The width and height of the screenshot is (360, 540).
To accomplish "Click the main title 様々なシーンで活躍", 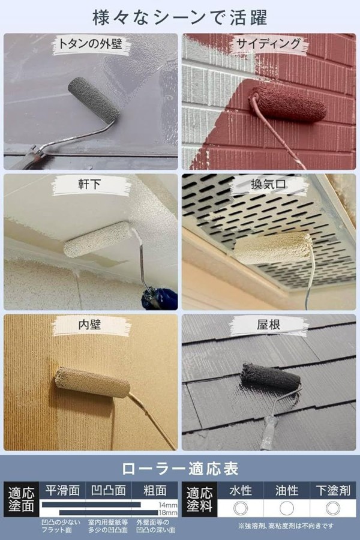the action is pyautogui.click(x=180, y=17).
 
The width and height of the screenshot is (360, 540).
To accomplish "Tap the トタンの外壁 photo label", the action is pyautogui.click(x=90, y=44).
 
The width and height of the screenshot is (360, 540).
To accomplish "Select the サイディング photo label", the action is pyautogui.click(x=268, y=44).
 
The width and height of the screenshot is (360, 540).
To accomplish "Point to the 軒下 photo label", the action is pyautogui.click(x=89, y=184).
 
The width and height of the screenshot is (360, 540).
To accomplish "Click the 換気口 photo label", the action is pyautogui.click(x=268, y=184).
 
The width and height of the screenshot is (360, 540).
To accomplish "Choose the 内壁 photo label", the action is pyautogui.click(x=89, y=325).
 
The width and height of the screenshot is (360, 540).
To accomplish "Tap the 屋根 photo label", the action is pyautogui.click(x=268, y=325).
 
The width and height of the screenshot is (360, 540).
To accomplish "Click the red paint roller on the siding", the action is pyautogui.click(x=287, y=103).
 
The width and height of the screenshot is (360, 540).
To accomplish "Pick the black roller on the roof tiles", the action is pyautogui.click(x=271, y=377).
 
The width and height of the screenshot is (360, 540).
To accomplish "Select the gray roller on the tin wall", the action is pyautogui.click(x=94, y=100).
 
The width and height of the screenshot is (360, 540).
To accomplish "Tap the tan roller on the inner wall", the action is pyautogui.click(x=92, y=382).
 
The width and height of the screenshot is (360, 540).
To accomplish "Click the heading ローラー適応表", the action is pyautogui.click(x=180, y=469).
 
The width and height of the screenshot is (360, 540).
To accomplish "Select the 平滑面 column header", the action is pyautogui.click(x=62, y=490).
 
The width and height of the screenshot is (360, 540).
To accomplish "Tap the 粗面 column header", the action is pyautogui.click(x=155, y=490).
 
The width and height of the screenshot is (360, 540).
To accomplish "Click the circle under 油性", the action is pyautogui.click(x=287, y=508).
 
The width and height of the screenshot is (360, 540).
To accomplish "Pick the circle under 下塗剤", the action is pyautogui.click(x=333, y=508).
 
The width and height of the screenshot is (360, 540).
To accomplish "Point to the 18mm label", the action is pyautogui.click(x=168, y=513).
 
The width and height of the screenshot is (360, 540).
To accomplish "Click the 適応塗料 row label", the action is pyautogui.click(x=199, y=499).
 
